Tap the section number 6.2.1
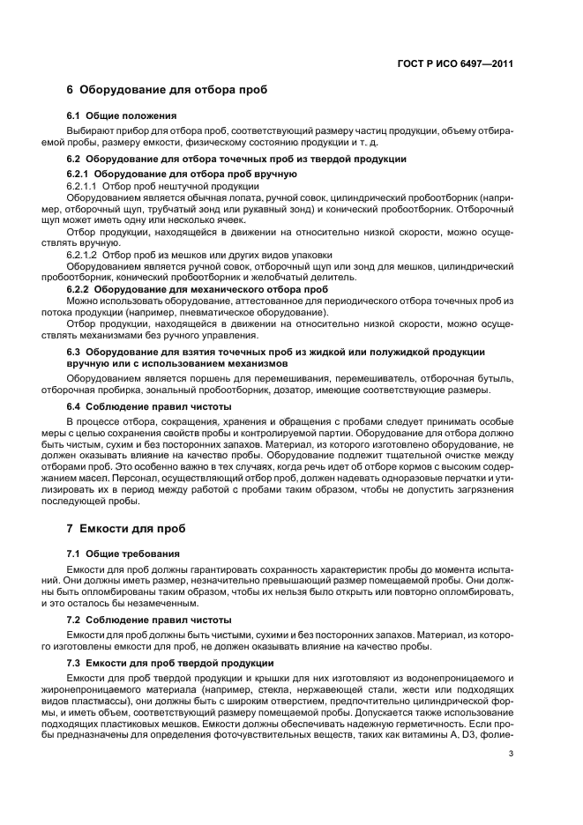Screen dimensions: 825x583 (81, 174)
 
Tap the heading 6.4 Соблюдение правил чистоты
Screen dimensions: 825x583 (149, 406)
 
